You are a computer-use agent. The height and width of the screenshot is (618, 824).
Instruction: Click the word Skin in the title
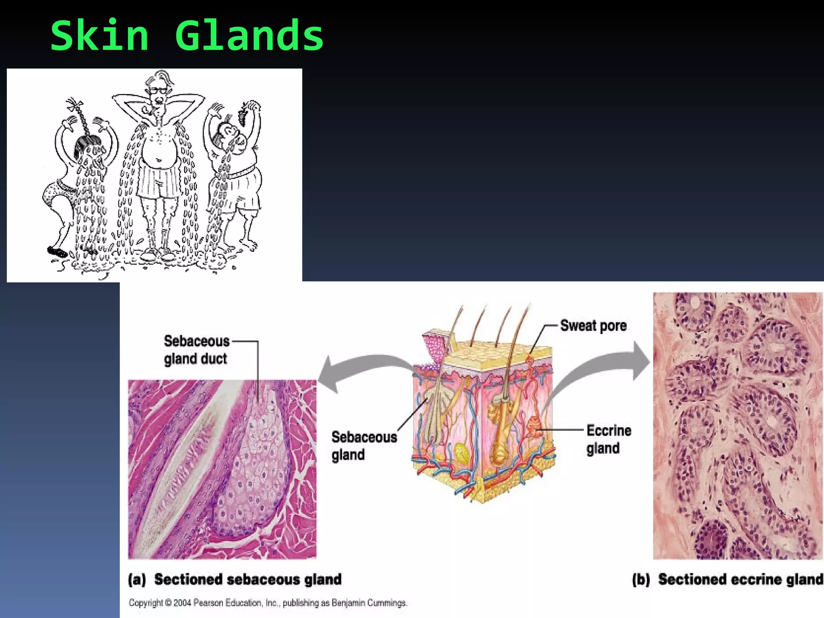point(99,36)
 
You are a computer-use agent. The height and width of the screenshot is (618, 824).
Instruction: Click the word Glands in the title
point(249,36)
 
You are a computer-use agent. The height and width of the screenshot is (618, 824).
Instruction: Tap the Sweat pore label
point(593,325)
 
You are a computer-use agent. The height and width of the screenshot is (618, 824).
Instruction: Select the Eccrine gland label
point(608,439)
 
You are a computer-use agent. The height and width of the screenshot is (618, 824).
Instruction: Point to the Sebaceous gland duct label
point(196,350)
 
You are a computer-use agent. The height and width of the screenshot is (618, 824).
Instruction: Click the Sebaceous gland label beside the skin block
point(364,445)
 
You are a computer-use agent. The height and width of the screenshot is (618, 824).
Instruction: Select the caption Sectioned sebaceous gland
point(248,579)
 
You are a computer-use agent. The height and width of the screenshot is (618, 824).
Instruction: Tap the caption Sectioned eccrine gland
point(740,579)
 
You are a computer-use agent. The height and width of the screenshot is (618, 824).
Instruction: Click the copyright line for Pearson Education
point(268,603)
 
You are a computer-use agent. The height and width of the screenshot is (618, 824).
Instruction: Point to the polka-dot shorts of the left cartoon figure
point(56,193)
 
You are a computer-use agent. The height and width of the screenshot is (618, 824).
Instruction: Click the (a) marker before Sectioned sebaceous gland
point(137,579)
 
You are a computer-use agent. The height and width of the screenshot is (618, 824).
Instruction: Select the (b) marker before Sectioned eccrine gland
point(641,579)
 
